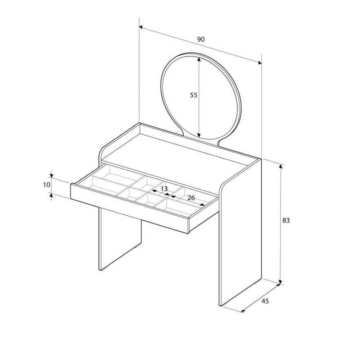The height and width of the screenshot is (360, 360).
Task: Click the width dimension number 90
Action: click(201, 39)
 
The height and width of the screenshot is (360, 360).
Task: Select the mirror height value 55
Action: click(193, 95)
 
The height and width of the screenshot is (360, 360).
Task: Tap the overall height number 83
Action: click(286, 220)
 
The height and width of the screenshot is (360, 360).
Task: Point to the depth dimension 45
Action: click(265, 301)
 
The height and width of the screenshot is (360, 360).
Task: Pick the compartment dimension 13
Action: click(164, 188)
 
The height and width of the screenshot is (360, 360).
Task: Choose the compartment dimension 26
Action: click(191, 198)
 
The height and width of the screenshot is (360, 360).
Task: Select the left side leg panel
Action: click(119, 238)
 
